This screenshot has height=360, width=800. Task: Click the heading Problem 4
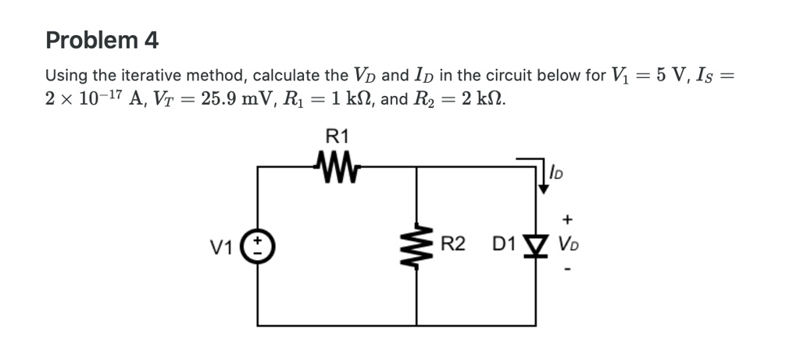pos(102,40)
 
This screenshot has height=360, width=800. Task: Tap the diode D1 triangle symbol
pos(536,246)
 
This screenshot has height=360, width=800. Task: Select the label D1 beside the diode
pos(504,245)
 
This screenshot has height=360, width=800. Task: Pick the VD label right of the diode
pos(568,246)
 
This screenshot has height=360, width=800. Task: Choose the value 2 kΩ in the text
pos(479,101)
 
